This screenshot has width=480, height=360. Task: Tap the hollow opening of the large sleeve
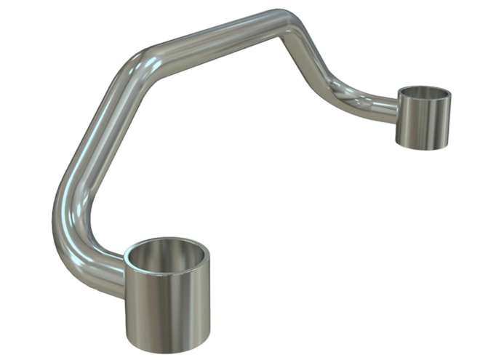tap(167, 256)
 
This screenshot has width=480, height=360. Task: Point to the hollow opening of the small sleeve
tap(425, 94)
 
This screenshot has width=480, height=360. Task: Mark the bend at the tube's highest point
tap(287, 22)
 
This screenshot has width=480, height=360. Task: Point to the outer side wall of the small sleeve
tap(436, 124)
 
